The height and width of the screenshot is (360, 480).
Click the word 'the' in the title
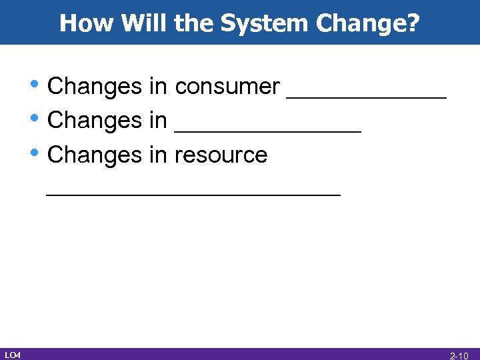click(193, 24)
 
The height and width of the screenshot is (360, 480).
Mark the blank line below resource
click(193, 194)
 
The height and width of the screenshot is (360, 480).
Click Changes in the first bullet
click(92, 86)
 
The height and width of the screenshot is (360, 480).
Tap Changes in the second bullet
click(92, 121)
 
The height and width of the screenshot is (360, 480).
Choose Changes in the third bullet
click(92, 155)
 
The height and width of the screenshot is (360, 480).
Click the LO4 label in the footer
click(12, 354)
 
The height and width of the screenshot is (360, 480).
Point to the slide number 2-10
click(459, 355)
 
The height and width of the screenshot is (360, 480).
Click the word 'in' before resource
click(158, 155)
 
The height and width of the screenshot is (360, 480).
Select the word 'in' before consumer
click(158, 86)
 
